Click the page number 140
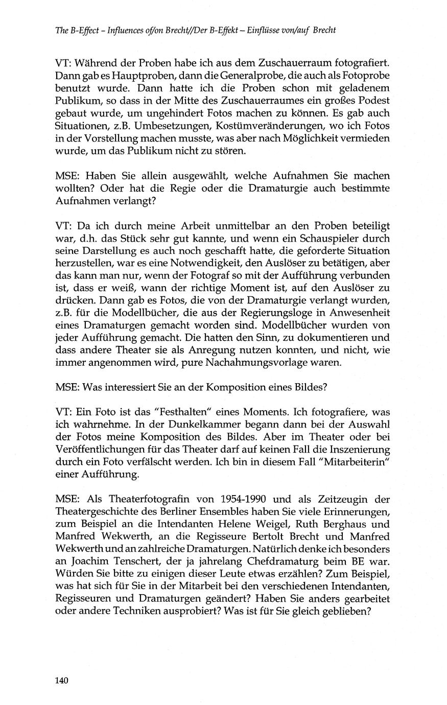click(x=61, y=680)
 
